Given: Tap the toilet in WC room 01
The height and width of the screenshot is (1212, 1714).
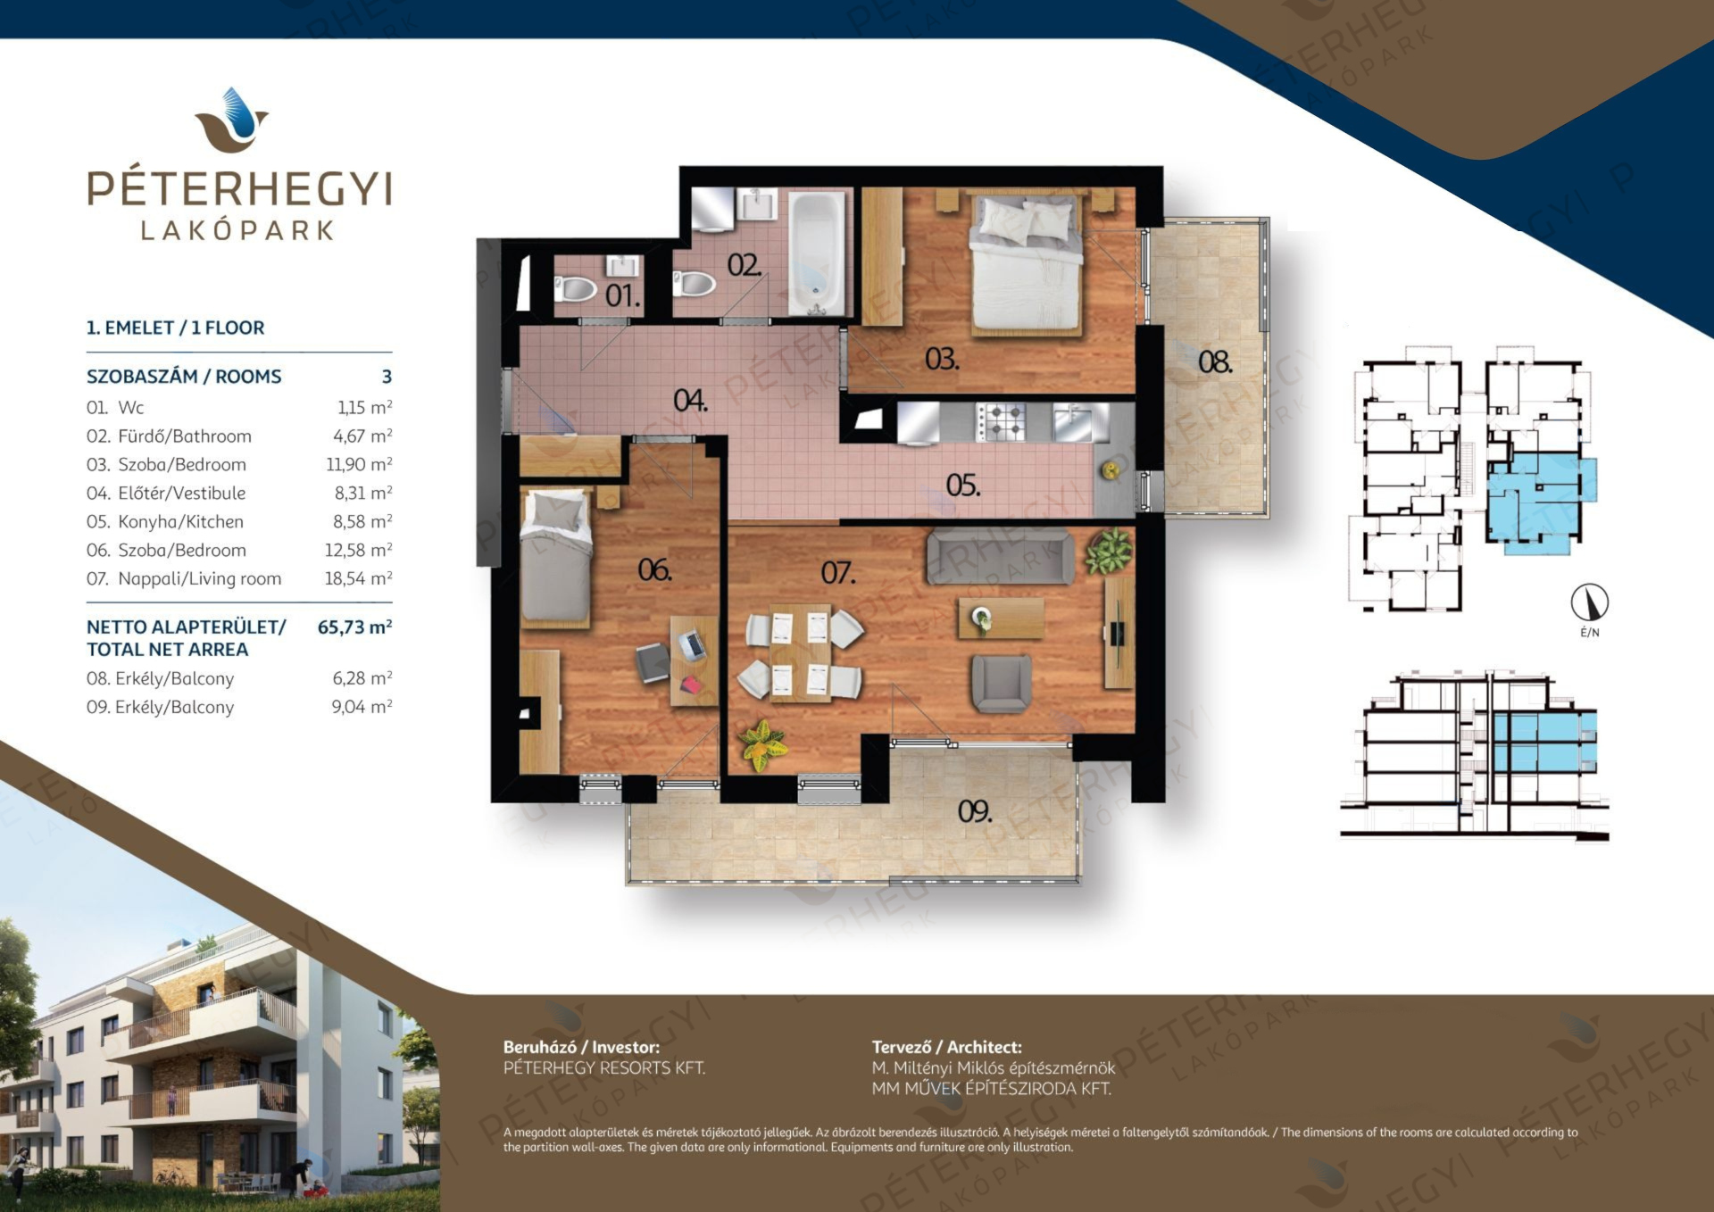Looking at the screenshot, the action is pos(576,288).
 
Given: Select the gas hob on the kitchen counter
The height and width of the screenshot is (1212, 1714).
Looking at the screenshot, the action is pos(1001,420).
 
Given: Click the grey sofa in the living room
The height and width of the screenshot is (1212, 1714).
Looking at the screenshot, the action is pos(999,556).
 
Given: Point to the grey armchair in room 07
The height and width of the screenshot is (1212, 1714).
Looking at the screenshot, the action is pos(1001,683).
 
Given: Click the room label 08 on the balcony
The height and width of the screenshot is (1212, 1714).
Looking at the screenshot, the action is pos(1215,361).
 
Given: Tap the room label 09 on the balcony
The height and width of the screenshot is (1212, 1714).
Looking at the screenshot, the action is pos(974,811).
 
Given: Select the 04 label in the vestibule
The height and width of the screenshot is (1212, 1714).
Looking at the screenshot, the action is pos(690,401).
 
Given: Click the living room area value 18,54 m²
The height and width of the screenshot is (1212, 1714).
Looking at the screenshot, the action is pos(358,578).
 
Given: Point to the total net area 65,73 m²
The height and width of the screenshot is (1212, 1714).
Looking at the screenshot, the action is pos(354,627).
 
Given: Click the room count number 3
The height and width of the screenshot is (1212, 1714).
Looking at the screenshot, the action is pos(387,377).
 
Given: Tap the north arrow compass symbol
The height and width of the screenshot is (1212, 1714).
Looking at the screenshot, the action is pos(1590,602).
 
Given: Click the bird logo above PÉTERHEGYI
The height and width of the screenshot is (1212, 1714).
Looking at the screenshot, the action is pos(232,120).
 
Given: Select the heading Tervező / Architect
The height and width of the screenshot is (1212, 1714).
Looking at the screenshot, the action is pos(946,1047).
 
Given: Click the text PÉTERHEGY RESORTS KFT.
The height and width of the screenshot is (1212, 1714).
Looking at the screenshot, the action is pos(604,1067).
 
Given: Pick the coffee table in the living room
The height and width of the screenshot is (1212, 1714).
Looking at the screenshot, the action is pos(1001,618).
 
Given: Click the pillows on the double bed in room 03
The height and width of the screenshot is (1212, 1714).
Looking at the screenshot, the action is pos(1027,220).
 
